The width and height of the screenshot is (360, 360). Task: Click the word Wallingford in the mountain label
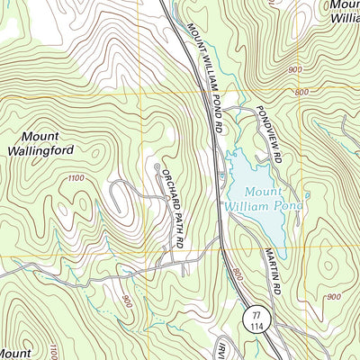tap(40, 151)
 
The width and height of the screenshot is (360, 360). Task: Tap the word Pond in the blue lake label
tap(287, 207)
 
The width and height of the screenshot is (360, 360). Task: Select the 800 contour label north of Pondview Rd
tap(300, 92)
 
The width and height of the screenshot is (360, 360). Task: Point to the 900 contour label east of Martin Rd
tap(334, 296)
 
